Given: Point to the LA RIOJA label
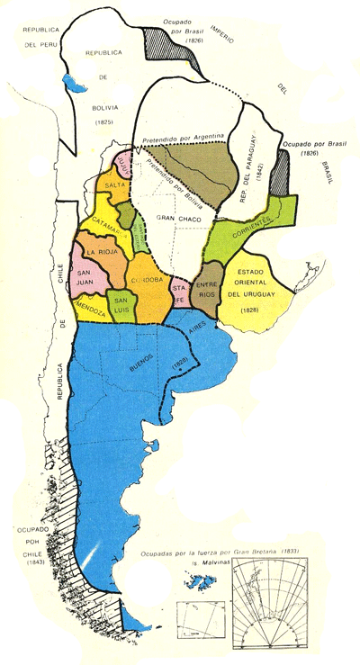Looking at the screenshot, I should [100, 253].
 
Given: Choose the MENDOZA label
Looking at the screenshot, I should [92, 306].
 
